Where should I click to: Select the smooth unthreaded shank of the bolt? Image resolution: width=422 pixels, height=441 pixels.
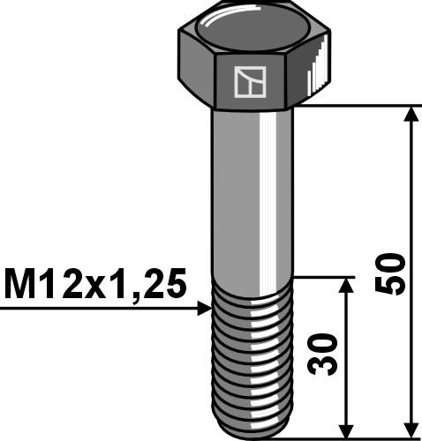point(252,194)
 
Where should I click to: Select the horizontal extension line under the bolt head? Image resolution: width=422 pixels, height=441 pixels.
point(353,107)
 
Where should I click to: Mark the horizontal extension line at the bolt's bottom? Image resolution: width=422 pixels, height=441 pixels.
point(353,435)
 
